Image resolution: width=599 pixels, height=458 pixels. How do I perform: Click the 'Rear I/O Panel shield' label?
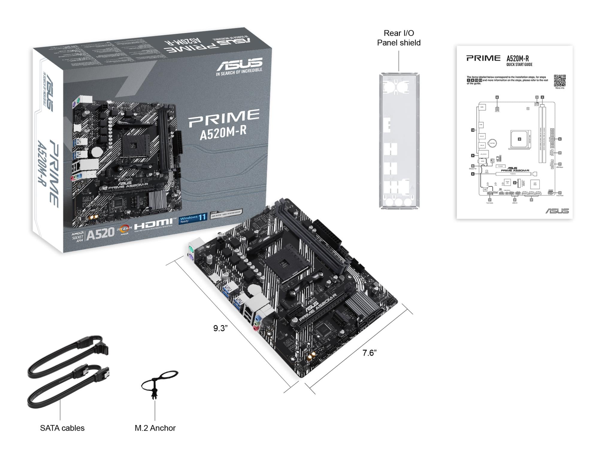pos(399,38)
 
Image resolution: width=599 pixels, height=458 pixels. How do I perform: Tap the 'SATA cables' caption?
pos(62,428)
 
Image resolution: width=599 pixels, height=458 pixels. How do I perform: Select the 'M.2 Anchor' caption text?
pos(155,428)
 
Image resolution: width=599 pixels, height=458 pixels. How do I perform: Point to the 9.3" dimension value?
pos(220,328)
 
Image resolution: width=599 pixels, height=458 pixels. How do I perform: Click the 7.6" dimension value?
pos(369,353)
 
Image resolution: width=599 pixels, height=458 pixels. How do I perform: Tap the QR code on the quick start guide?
pos(559,80)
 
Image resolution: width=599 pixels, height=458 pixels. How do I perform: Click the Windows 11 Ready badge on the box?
pos(193,219)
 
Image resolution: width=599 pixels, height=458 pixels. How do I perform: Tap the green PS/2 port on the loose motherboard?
pos(191,249)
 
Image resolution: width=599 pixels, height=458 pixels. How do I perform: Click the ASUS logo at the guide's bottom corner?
pos(557,211)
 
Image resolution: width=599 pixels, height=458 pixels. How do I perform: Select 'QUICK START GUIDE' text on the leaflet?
pos(519,64)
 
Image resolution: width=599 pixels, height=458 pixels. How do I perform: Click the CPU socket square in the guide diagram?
pos(519,139)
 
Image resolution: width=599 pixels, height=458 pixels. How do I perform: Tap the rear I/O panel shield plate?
pos(399,141)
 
